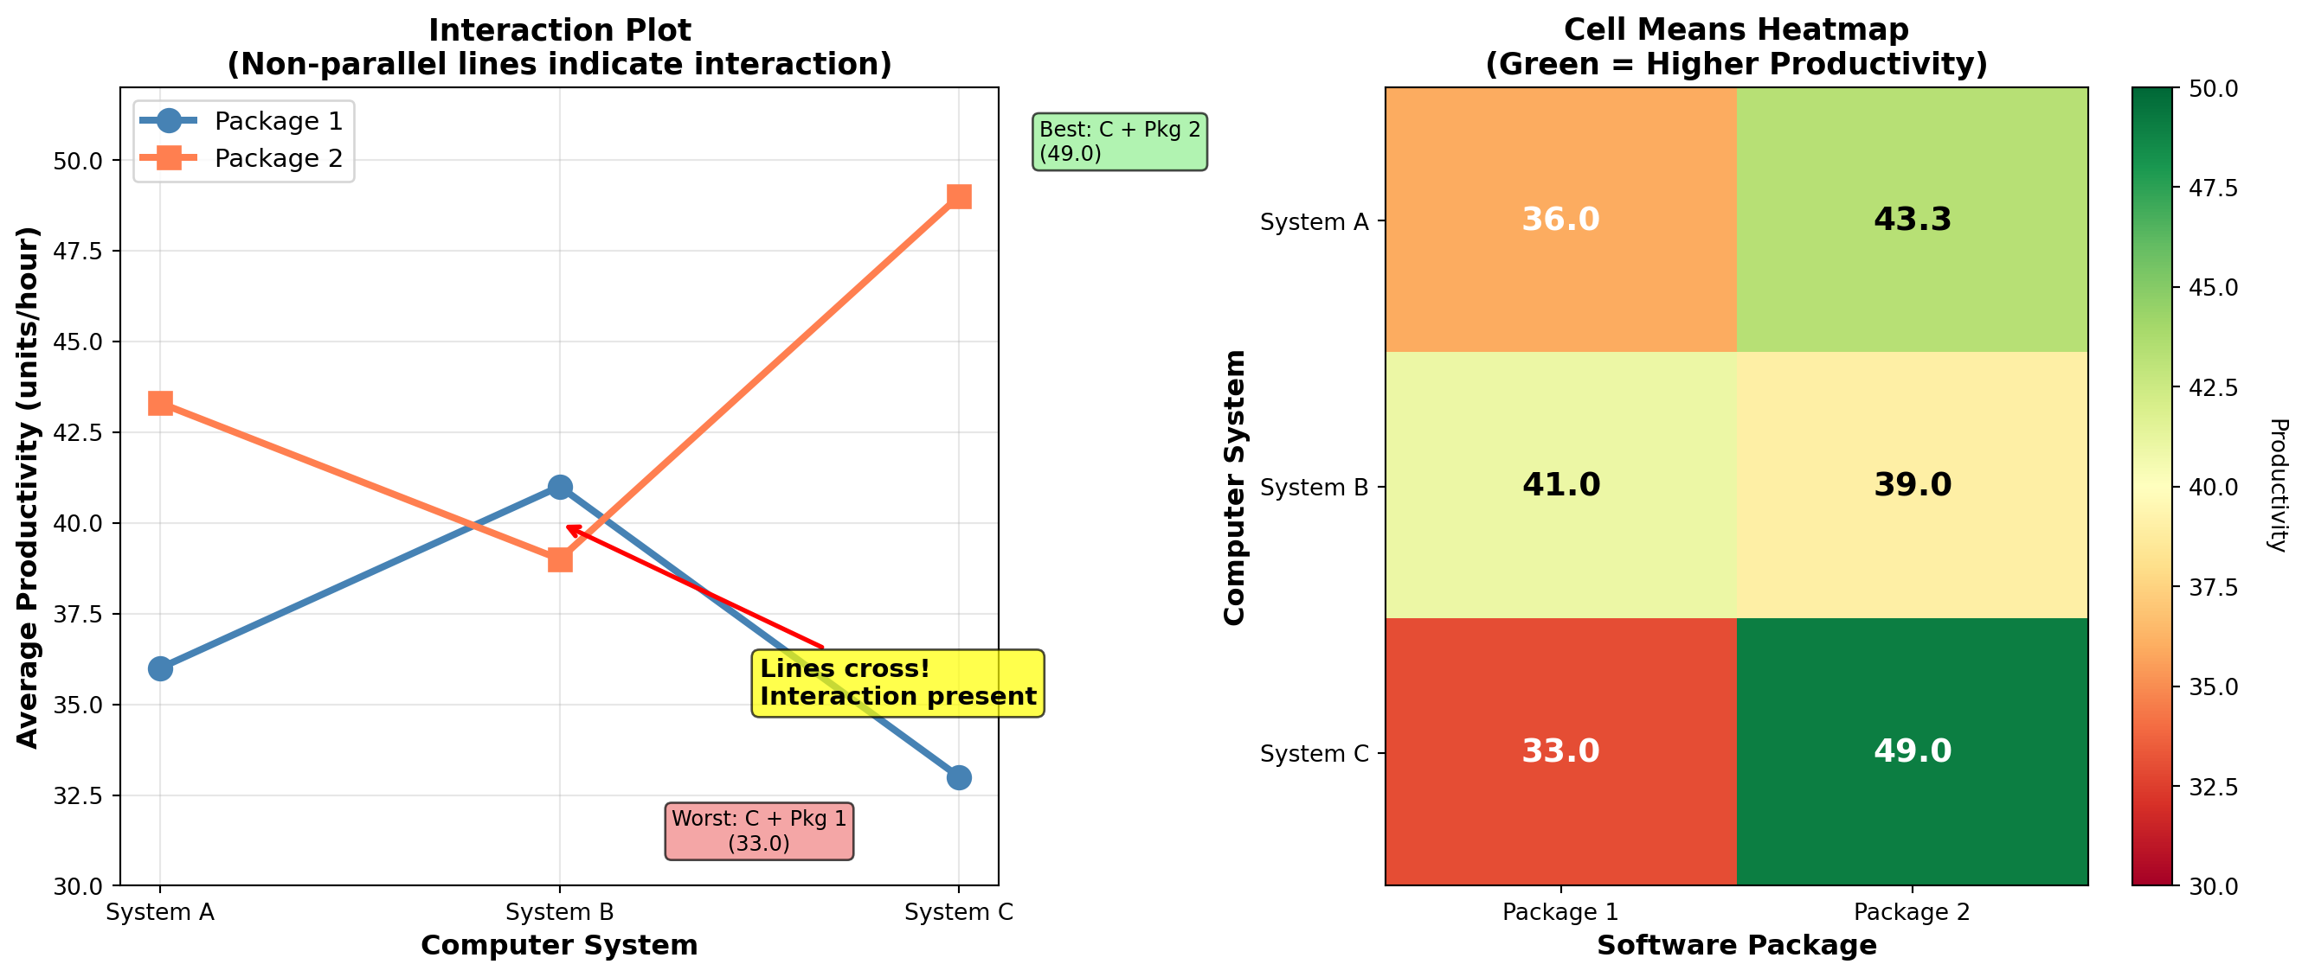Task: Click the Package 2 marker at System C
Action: tap(959, 196)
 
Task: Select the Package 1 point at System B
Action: tap(559, 487)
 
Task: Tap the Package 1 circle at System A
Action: tap(160, 668)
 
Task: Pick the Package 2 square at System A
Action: tap(160, 404)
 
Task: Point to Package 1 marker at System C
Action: tap(959, 777)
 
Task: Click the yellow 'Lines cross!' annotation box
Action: tap(897, 683)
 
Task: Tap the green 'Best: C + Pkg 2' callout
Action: tap(1119, 141)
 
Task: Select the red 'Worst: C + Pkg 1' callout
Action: tap(759, 831)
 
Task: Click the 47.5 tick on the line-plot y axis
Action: tap(78, 251)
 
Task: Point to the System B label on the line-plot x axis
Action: tap(559, 912)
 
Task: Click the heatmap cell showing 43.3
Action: tap(1912, 220)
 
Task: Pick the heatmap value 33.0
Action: tap(1560, 751)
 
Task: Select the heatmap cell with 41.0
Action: tap(1560, 485)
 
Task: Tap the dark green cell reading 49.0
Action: tap(1912, 751)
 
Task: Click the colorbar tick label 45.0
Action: tap(2213, 288)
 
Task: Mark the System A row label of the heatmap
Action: tap(1314, 221)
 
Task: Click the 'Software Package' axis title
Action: tap(1736, 946)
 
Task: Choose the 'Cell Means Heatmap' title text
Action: tap(1736, 30)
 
